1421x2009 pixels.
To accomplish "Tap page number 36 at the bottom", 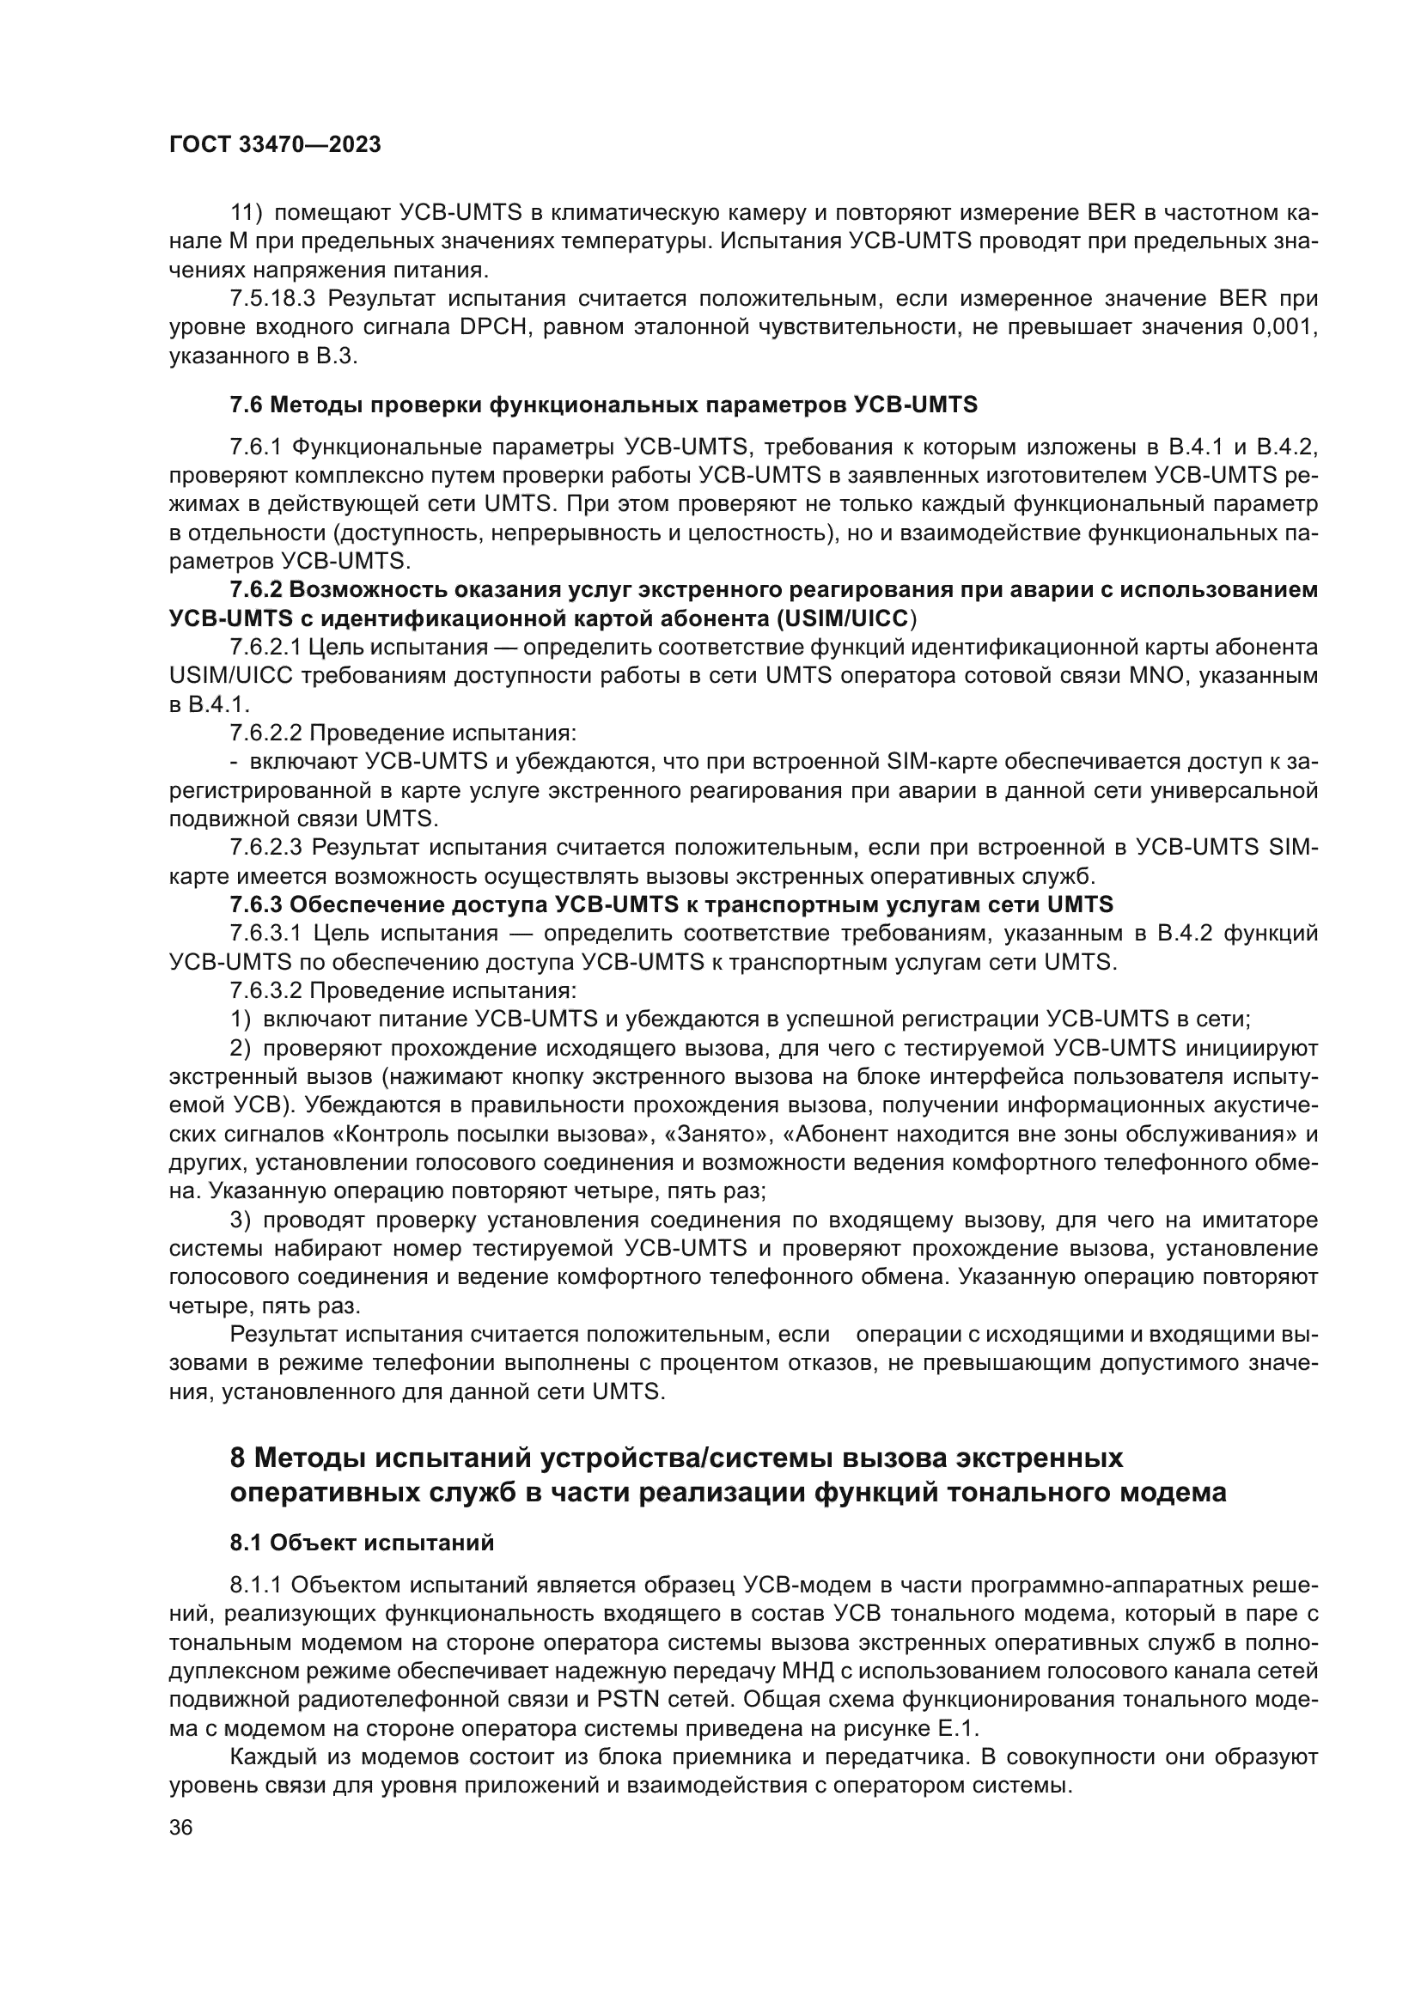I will click(x=181, y=1828).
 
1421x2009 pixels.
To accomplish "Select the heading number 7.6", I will click(x=246, y=405).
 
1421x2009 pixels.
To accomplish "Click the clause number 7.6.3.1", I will click(x=266, y=934).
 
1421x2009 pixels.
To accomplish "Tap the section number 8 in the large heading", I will click(x=237, y=1458).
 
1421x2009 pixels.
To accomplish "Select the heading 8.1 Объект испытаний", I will click(x=362, y=1543).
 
